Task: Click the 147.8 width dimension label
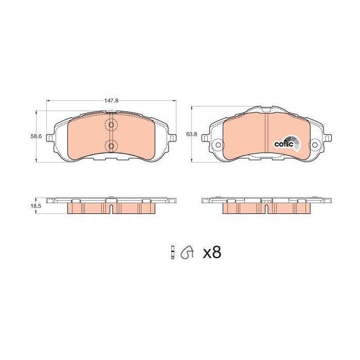tap(112, 101)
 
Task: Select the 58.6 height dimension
tap(35, 136)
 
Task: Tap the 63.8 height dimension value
tap(191, 134)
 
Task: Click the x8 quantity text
tap(212, 253)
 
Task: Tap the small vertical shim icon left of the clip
tap(173, 252)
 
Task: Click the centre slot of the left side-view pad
tap(112, 209)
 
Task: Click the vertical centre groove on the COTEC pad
tap(266, 135)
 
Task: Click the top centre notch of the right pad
tap(266, 110)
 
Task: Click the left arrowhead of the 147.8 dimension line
tap(48, 101)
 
